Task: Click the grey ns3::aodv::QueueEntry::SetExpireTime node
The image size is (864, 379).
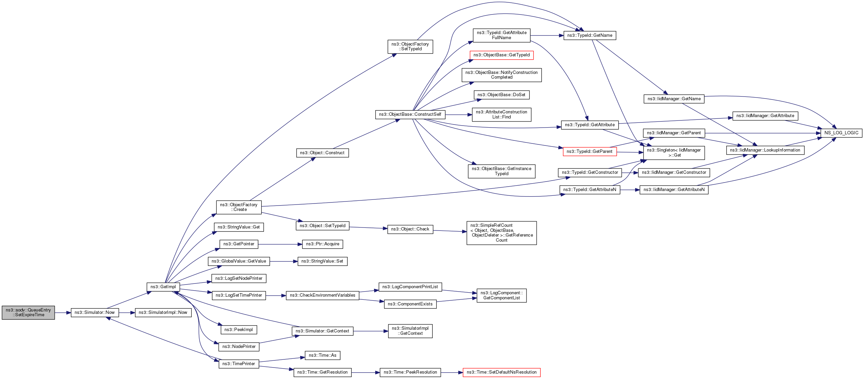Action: pos(28,313)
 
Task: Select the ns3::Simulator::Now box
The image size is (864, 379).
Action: pos(94,313)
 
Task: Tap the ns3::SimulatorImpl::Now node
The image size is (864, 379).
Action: pos(163,313)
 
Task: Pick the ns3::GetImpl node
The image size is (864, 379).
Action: pos(163,287)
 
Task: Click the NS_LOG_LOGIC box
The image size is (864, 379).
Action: pos(841,133)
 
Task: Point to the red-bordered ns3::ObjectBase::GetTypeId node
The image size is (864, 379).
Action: pos(502,55)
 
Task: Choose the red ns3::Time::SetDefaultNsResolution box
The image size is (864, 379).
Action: pos(502,372)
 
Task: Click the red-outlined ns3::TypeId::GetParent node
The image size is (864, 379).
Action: pos(590,152)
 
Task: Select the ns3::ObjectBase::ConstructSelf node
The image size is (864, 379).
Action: pos(410,114)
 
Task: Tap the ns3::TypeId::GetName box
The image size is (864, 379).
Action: pos(590,35)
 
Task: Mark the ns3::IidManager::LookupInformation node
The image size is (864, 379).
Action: pos(765,150)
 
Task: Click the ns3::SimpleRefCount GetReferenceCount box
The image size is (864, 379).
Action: pos(502,233)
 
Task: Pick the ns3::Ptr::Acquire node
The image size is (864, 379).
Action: pos(323,244)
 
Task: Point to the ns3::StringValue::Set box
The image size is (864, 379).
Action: pos(322,261)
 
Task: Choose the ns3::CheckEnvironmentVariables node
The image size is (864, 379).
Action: pos(322,295)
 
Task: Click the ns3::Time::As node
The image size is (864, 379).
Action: pos(322,355)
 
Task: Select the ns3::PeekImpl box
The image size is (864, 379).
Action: pos(238,330)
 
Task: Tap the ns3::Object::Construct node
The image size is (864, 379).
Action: pos(322,153)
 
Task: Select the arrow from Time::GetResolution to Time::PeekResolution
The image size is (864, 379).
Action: pos(366,372)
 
